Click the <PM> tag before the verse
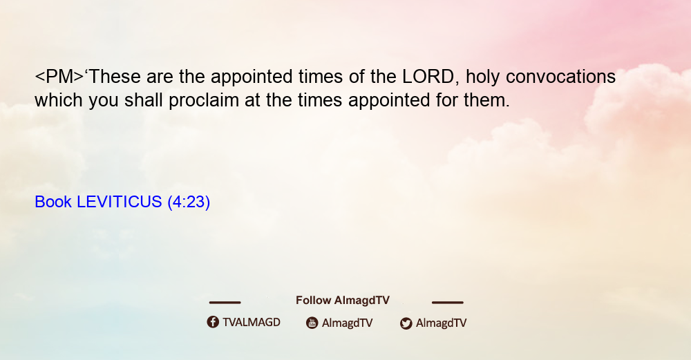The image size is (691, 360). click(x=59, y=77)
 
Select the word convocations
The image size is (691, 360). click(x=560, y=77)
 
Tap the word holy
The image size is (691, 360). click(x=482, y=77)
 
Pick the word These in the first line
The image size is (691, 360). click(x=115, y=77)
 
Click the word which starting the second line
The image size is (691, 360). click(x=59, y=100)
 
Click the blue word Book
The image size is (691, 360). click(x=53, y=202)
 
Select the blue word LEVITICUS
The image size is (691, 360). click(x=120, y=202)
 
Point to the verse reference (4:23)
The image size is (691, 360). click(x=189, y=202)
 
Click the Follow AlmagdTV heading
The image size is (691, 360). click(x=343, y=301)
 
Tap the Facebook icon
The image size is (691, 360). click(x=213, y=322)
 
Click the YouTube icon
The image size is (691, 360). click(x=312, y=323)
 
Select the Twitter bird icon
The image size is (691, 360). click(x=406, y=323)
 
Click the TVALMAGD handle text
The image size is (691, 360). click(x=252, y=322)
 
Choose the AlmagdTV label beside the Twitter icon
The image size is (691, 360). click(x=441, y=323)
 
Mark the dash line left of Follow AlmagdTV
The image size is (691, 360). click(x=225, y=302)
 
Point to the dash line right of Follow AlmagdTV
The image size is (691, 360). click(x=448, y=302)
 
